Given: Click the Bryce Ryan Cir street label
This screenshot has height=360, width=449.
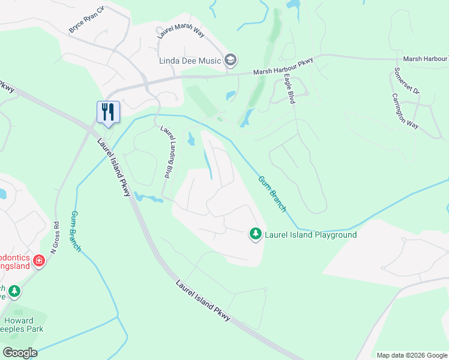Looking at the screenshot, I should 86,20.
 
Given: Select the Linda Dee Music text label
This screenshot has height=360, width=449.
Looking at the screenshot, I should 190,60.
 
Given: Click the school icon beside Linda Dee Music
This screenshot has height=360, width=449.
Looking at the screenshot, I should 231,59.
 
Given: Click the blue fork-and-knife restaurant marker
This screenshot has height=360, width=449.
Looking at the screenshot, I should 108,112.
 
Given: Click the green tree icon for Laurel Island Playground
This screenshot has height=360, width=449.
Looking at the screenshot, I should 256,234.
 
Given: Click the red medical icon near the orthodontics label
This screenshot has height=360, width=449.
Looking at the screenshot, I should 39,260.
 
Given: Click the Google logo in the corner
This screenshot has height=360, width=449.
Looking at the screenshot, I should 19,353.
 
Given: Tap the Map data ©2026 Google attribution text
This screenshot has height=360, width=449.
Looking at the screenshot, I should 412,355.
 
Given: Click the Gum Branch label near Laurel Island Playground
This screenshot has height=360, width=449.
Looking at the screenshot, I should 273,193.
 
